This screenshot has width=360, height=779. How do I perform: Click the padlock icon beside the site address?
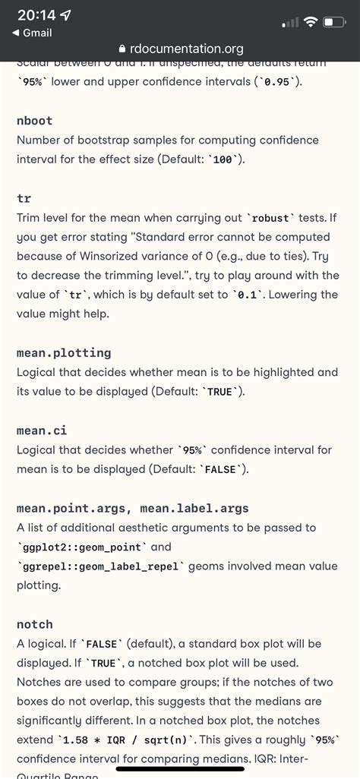click(x=113, y=49)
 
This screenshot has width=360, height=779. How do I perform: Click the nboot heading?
click(x=34, y=121)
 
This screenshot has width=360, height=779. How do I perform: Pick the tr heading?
click(x=24, y=198)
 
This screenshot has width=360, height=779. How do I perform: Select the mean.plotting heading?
click(x=64, y=352)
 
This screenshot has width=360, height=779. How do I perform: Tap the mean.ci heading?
click(x=40, y=430)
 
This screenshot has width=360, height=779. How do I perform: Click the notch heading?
click(x=35, y=624)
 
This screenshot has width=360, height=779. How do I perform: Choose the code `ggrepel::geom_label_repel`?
click(x=100, y=566)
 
